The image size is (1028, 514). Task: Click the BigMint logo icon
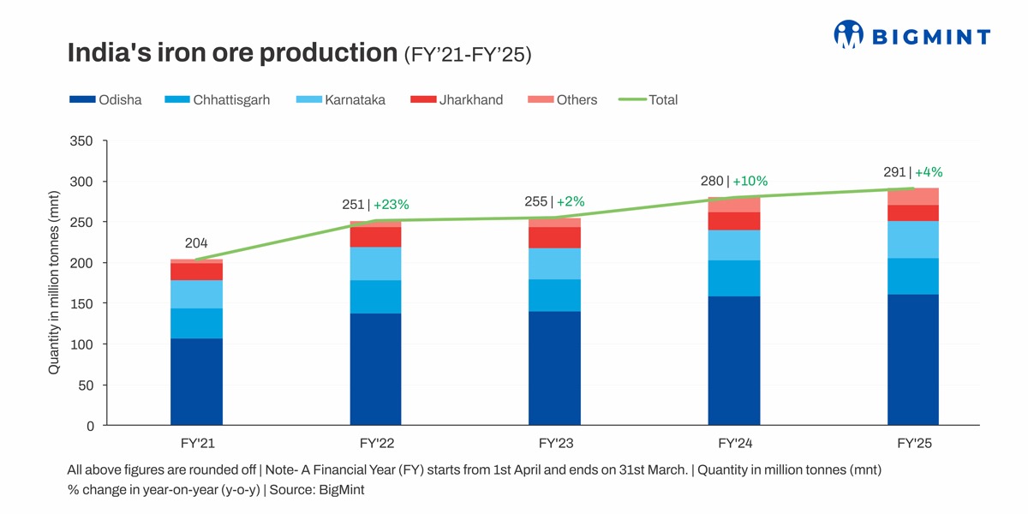pyautogui.click(x=848, y=34)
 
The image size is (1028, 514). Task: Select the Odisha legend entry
pyautogui.click(x=105, y=100)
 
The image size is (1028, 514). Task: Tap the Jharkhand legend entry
pyautogui.click(x=457, y=100)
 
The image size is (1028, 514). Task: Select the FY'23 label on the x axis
pyautogui.click(x=555, y=444)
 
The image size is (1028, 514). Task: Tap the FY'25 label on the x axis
pyautogui.click(x=913, y=444)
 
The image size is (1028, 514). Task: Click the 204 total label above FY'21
pyautogui.click(x=196, y=243)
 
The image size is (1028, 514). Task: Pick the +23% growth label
pyautogui.click(x=391, y=205)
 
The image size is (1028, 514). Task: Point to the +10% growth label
pyautogui.click(x=750, y=181)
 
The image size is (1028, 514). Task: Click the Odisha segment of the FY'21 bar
pyautogui.click(x=196, y=381)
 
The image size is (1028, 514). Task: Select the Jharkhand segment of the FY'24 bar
pyautogui.click(x=734, y=221)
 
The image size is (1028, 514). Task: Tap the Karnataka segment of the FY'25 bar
pyautogui.click(x=913, y=240)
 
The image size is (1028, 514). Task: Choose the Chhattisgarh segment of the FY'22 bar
pyautogui.click(x=375, y=296)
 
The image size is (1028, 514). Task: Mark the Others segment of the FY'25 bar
pyautogui.click(x=913, y=197)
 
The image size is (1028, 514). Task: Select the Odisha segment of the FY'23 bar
pyautogui.click(x=555, y=368)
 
